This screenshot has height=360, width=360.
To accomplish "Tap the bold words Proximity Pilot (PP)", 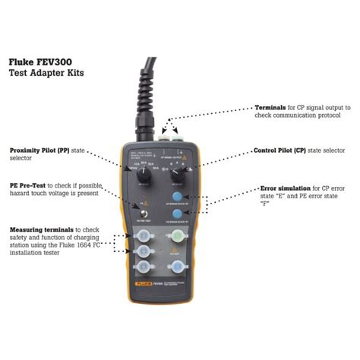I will coord(38,150).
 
